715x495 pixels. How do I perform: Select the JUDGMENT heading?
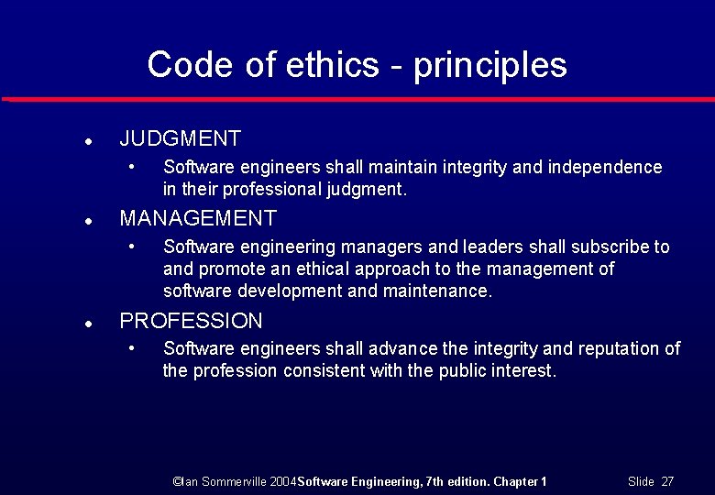point(180,139)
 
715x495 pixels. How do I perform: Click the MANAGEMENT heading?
point(198,218)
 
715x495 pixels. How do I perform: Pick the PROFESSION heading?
point(191,321)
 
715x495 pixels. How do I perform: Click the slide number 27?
point(667,481)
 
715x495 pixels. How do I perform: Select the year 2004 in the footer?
point(284,481)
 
